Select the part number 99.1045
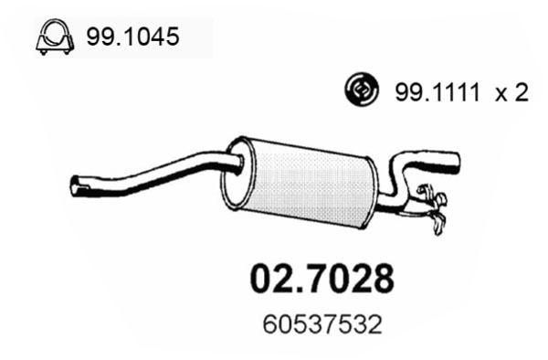132,38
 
